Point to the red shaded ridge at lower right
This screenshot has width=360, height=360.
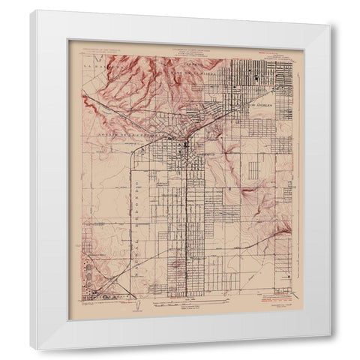[x=281, y=232]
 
